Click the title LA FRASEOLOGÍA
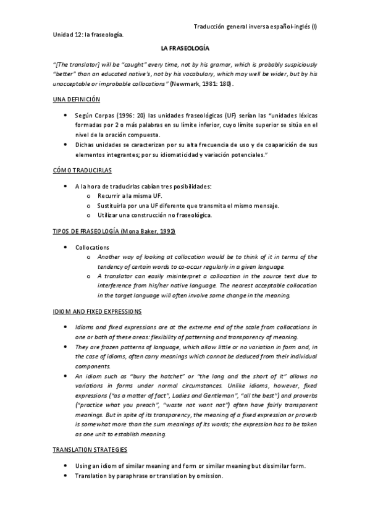(x=185, y=48)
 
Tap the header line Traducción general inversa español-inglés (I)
(x=264, y=27)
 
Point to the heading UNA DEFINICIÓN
(x=76, y=99)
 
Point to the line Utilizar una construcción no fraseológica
(x=154, y=215)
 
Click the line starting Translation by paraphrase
(x=148, y=476)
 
